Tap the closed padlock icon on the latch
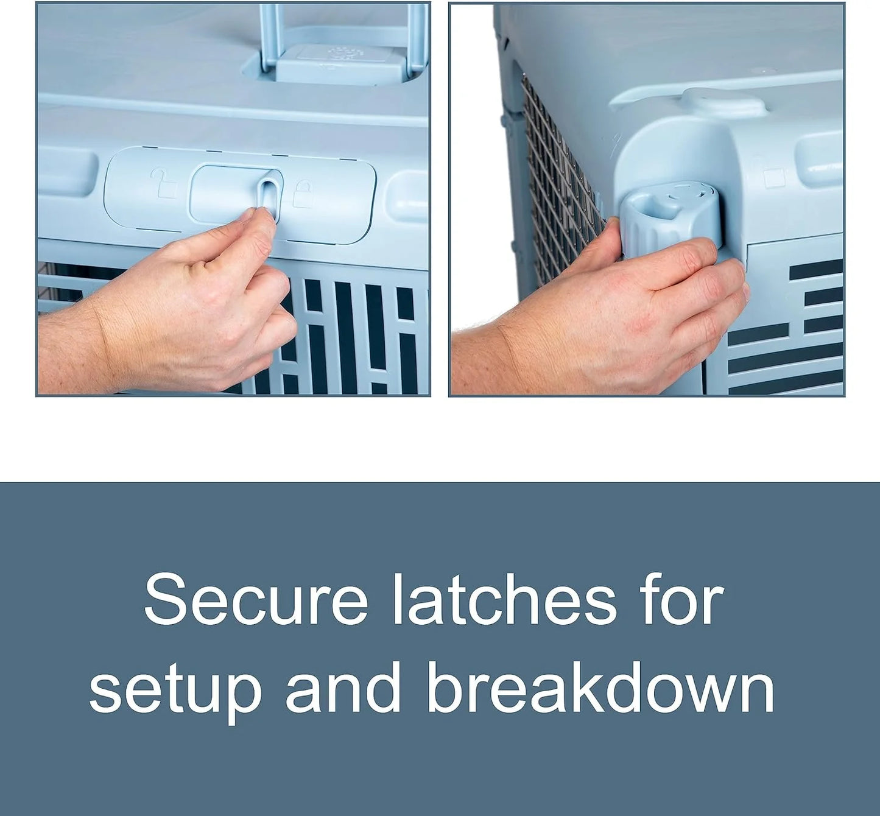coord(303,193)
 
